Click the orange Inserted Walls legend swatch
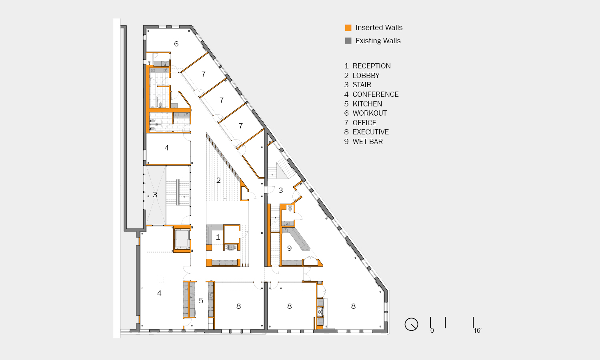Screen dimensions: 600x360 tap(348, 28)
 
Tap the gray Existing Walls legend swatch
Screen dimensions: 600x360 tap(348, 41)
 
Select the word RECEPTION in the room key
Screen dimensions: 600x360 tap(372, 66)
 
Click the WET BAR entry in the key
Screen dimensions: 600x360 tap(368, 142)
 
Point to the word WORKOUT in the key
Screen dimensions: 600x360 tap(370, 113)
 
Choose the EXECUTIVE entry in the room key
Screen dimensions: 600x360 tap(370, 132)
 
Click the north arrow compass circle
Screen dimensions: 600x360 tap(411, 324)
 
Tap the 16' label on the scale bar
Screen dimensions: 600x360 tap(477, 330)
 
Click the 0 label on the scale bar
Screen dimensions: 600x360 tap(432, 330)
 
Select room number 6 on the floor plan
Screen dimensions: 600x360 tap(176, 44)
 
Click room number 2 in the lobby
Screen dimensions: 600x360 tap(218, 180)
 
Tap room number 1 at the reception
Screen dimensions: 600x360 tap(218, 237)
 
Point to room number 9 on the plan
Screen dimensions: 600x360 tap(289, 248)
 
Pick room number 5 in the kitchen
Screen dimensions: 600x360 tap(201, 300)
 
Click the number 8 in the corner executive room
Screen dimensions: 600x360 tap(353, 306)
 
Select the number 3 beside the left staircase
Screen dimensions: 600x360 tap(155, 195)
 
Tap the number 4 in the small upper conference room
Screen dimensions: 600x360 tap(167, 148)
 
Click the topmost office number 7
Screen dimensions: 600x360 tap(204, 74)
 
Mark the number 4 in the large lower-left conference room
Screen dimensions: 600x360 tap(159, 293)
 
